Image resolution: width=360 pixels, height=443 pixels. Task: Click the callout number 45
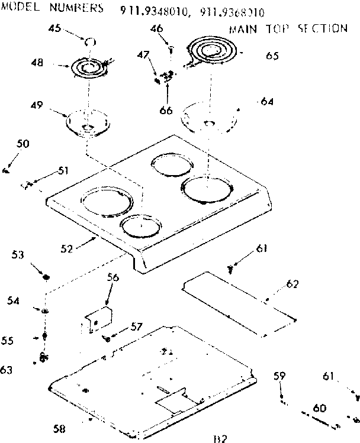click(55, 29)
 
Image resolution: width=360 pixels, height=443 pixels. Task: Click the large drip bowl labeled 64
click(210, 118)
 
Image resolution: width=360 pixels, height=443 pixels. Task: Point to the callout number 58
click(58, 428)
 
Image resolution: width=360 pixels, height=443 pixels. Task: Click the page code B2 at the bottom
click(219, 438)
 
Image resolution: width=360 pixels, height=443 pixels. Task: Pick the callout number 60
click(320, 408)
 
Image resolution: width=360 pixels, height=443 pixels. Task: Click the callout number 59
click(279, 375)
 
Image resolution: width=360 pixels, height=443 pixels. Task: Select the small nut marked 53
click(47, 277)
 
